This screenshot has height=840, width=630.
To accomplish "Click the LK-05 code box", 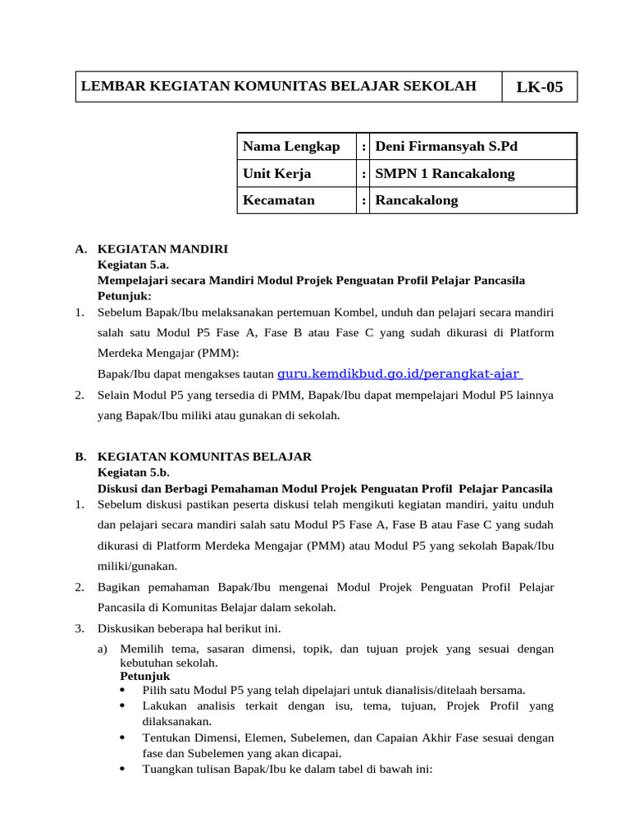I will pos(539,87).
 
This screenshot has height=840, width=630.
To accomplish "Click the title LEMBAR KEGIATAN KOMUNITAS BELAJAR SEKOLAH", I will pos(278,86).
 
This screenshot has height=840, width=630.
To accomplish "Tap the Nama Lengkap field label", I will pos(291,147).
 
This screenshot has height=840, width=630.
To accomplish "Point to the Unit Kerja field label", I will pos(277,174).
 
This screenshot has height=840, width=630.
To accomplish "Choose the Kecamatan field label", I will pos(279,200).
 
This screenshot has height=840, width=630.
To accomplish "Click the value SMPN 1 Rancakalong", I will pos(445,174).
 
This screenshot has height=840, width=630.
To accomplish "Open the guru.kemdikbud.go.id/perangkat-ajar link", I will pos(399,374).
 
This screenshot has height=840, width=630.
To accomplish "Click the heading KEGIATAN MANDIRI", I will pos(162,249).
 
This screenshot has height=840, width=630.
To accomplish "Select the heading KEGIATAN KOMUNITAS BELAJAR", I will pos(204,456).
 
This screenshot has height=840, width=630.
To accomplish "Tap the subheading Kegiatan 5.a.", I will pos(133,265).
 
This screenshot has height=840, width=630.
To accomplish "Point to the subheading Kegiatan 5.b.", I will pos(133,472).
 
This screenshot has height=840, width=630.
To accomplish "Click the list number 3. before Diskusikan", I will pos(80,628).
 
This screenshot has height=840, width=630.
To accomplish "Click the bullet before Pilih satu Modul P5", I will pos(122,690).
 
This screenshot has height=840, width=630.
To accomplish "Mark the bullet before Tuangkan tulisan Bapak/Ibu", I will pos(122,769).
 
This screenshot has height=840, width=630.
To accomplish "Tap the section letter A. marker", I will pos(80,249).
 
